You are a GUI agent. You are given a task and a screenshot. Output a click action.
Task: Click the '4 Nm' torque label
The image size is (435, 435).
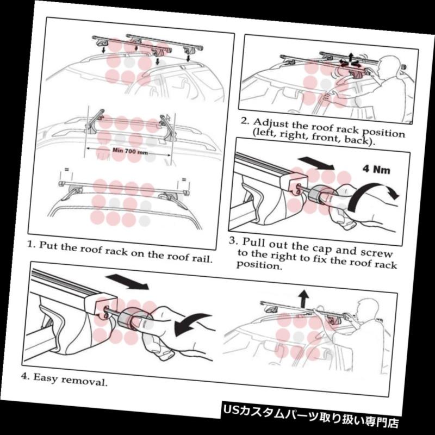376,169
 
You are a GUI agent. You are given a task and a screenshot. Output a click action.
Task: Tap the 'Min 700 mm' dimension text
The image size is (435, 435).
130,151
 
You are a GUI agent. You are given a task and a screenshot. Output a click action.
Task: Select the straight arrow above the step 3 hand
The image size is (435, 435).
316,163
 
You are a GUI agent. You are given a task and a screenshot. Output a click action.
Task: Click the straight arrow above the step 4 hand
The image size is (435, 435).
127,282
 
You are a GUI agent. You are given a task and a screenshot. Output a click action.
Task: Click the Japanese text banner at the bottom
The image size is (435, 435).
310,418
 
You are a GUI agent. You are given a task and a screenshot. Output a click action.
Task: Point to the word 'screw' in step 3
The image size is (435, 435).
376,252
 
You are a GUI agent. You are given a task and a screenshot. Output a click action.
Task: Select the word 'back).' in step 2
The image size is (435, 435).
359,140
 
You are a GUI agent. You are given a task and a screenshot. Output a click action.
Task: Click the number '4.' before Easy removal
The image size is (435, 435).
26,376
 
